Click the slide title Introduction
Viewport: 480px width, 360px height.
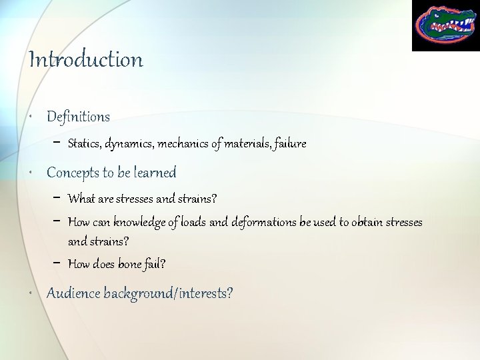tap(85, 60)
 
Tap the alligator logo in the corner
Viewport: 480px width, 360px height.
tap(445, 25)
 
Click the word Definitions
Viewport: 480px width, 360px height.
tap(78, 117)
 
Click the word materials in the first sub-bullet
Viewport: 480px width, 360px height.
tap(247, 143)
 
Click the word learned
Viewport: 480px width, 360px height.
tap(155, 173)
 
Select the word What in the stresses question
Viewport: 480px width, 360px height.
tap(81, 199)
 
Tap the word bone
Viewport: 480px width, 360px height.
tap(129, 264)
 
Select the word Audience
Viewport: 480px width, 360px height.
tap(73, 293)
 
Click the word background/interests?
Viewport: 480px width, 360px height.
tap(168, 293)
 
